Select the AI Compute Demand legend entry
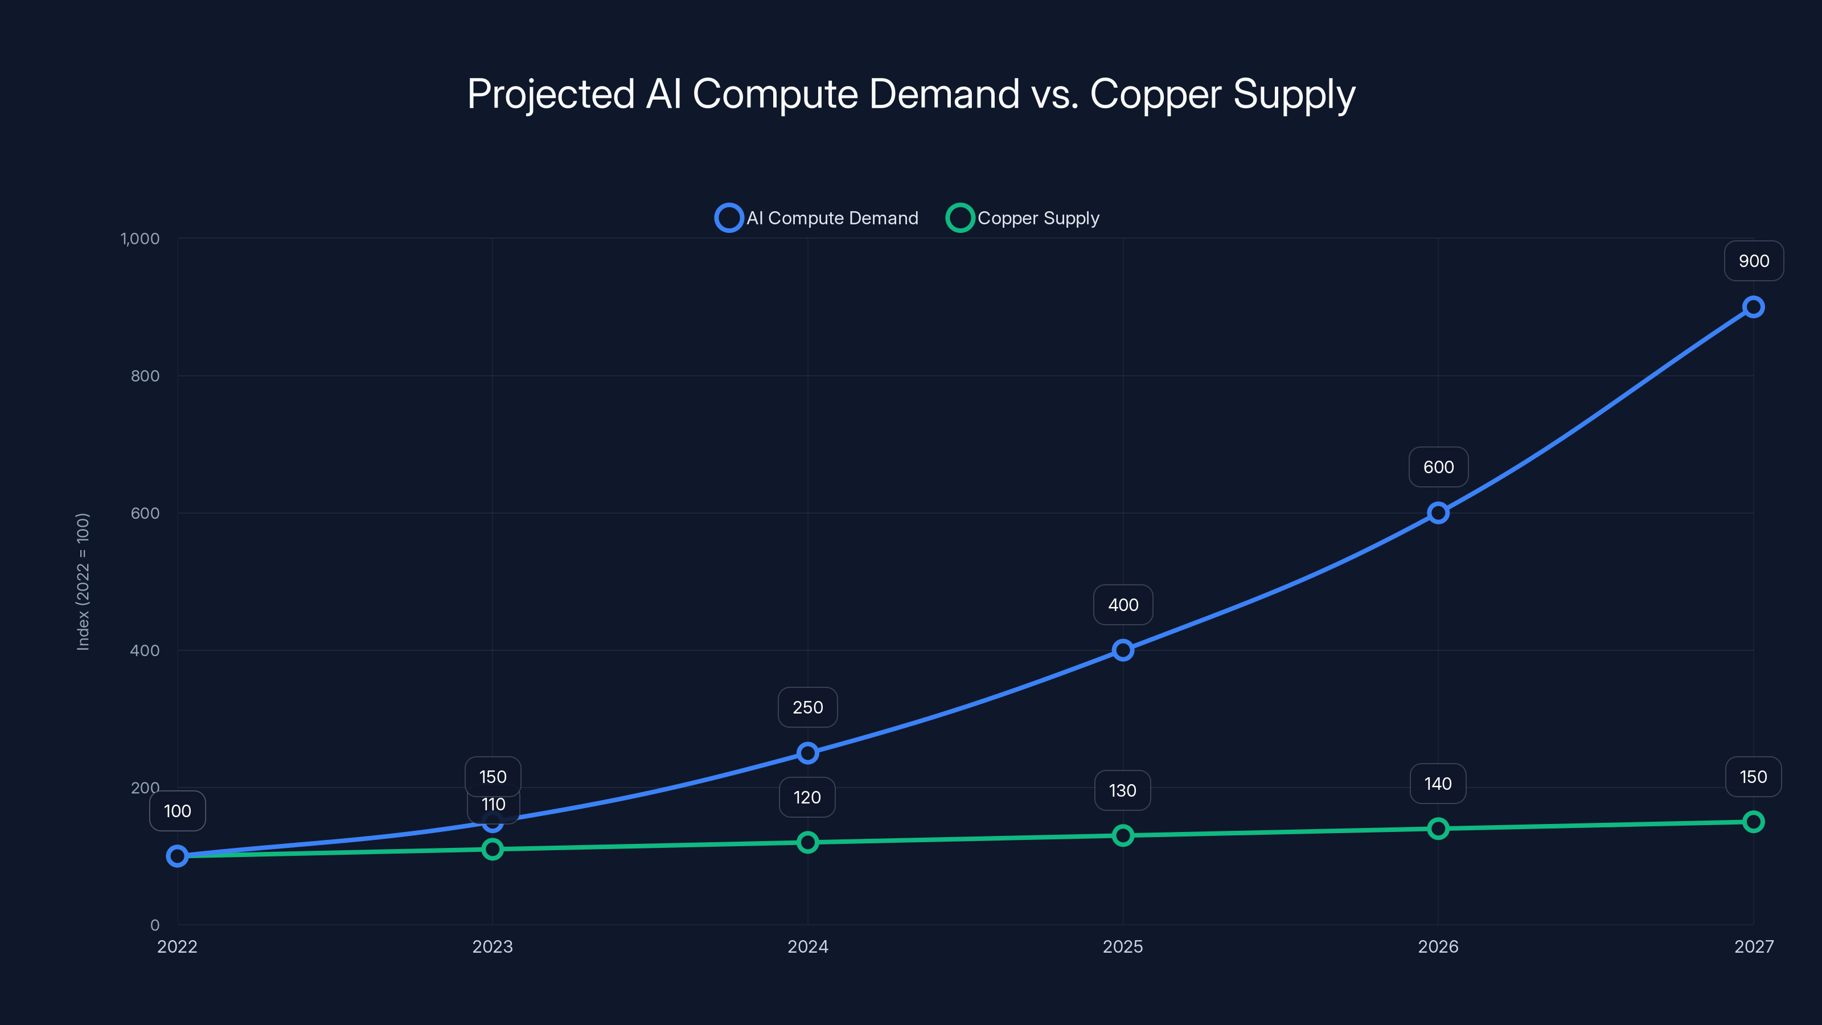(x=817, y=218)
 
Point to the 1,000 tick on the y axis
(x=140, y=239)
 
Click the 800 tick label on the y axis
(x=145, y=376)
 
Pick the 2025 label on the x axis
(x=1122, y=946)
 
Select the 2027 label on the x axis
(x=1754, y=946)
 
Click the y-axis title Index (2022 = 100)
(x=83, y=581)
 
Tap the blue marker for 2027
(x=1753, y=307)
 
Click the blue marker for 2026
(x=1438, y=513)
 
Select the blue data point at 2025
(x=1122, y=650)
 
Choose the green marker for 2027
(x=1753, y=822)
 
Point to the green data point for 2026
(x=1438, y=829)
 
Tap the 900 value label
(x=1754, y=261)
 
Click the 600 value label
(x=1438, y=468)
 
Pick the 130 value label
(x=1122, y=790)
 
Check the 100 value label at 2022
(x=178, y=811)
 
